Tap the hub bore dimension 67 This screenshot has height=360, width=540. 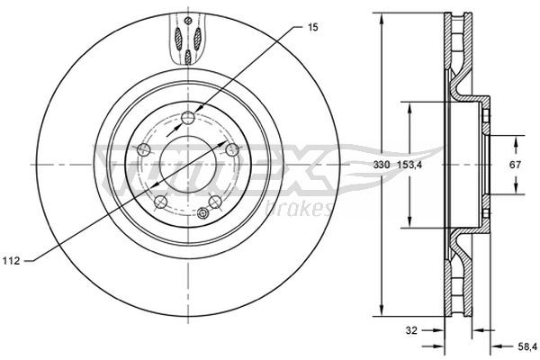point(517,165)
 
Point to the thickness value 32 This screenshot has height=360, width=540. point(412,330)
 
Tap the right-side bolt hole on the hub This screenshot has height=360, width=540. point(231,148)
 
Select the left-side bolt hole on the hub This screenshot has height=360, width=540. point(142,148)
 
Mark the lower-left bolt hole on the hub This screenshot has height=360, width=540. point(159,202)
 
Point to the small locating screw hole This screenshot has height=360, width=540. point(203,213)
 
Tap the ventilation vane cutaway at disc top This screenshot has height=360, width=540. point(186,40)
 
